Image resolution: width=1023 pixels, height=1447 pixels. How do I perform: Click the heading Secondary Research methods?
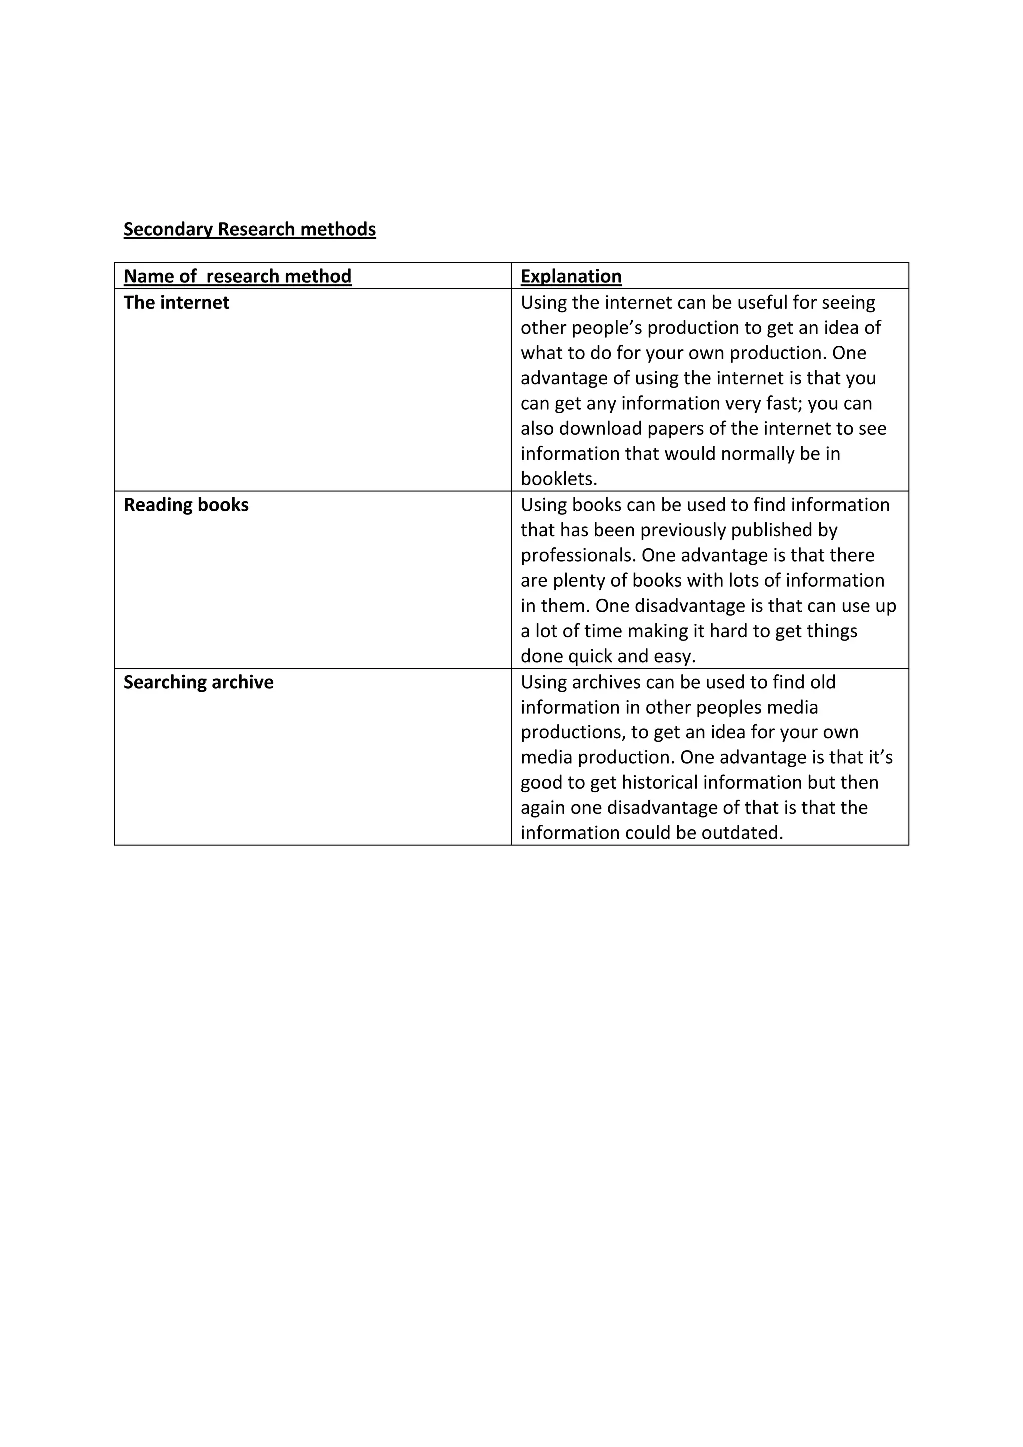[249, 229]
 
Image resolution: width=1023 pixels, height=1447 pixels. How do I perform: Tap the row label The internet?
[176, 302]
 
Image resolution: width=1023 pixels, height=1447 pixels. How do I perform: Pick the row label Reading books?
[186, 505]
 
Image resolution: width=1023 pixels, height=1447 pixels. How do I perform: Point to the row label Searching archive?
[198, 682]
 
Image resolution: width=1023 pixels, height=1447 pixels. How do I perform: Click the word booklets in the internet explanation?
[558, 479]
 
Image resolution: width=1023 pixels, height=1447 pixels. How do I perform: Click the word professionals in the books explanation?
[578, 555]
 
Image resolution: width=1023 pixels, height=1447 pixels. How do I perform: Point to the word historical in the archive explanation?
[659, 783]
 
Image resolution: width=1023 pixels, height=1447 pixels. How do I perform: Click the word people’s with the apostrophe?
[606, 328]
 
